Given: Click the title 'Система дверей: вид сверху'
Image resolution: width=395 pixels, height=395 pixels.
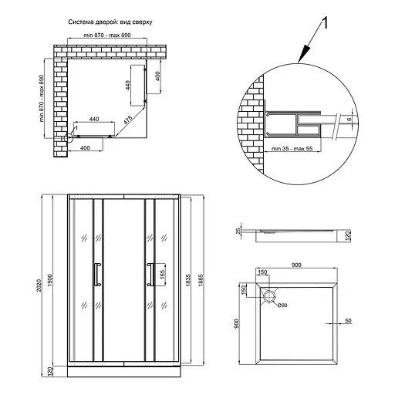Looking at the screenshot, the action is (110, 22).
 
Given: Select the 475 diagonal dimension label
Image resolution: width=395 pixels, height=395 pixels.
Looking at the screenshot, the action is (128, 120).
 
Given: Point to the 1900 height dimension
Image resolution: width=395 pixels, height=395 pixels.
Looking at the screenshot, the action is (50, 280).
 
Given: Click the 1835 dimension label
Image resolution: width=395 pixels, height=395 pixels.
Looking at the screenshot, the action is (187, 280).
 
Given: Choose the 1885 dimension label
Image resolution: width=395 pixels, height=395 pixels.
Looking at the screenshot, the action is (201, 280).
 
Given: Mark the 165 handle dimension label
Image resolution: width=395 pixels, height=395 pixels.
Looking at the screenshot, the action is (163, 275).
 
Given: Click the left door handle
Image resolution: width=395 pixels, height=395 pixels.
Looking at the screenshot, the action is (97, 274).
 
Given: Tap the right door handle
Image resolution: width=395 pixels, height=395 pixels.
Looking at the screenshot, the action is (150, 274).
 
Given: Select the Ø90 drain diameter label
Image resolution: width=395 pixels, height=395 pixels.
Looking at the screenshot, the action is (282, 306).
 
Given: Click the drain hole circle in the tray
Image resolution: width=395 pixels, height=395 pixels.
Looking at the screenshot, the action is (268, 296).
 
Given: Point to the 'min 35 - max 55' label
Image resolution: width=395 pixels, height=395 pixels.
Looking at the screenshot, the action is (292, 149).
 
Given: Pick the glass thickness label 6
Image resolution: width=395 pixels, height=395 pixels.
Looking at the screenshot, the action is (349, 119).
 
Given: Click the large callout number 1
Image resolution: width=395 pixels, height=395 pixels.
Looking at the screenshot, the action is (325, 23).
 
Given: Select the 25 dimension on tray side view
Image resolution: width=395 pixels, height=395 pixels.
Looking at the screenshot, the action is (238, 231).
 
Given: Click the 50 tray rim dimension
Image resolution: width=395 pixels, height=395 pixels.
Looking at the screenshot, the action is (348, 321).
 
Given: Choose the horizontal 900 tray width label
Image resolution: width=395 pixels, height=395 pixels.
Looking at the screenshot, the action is (296, 265).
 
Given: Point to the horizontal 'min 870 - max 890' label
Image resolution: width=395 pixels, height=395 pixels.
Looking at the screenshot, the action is (107, 35).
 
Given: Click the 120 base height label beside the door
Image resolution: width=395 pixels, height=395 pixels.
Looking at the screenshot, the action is (50, 370).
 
